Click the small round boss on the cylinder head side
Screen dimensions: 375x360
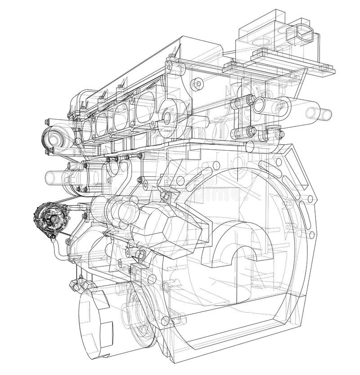pos(196,84)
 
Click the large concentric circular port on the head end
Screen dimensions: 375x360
pos(168,116)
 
